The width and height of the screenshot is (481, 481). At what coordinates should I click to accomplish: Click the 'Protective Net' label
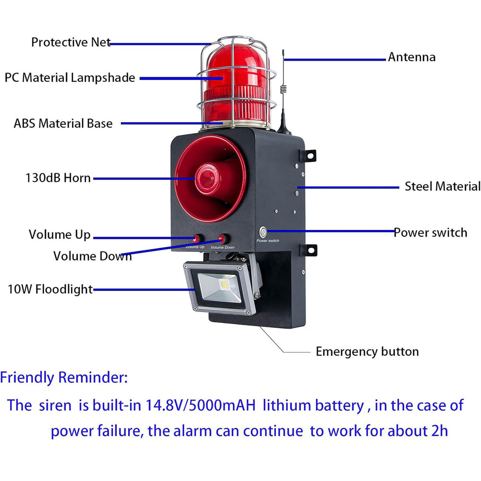(71, 42)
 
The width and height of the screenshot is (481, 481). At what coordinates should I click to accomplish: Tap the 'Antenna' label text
(411, 57)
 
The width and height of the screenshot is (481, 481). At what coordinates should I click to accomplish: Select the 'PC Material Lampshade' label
(70, 78)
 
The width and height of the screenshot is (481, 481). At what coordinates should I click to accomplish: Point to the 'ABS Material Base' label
(63, 123)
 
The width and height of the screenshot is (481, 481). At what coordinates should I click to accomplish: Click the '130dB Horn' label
(58, 178)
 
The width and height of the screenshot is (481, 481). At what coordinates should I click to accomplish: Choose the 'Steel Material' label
(443, 186)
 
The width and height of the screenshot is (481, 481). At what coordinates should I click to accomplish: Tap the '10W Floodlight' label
(50, 289)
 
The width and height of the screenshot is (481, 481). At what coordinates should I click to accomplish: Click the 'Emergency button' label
(367, 352)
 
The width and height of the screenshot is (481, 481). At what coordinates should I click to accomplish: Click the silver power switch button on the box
(263, 232)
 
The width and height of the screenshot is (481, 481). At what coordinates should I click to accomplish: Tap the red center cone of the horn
(208, 179)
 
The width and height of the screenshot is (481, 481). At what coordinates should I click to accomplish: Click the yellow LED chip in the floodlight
(225, 284)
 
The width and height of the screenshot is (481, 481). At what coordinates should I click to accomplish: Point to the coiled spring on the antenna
(283, 89)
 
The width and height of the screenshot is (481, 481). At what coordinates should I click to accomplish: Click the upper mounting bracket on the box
(308, 156)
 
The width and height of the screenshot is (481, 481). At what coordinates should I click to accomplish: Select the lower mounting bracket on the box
(309, 250)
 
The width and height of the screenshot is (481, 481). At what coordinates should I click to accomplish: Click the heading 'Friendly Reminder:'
(64, 378)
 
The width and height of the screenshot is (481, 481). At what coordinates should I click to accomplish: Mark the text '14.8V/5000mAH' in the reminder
(201, 405)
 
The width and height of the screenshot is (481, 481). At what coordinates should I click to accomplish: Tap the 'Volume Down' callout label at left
(93, 256)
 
